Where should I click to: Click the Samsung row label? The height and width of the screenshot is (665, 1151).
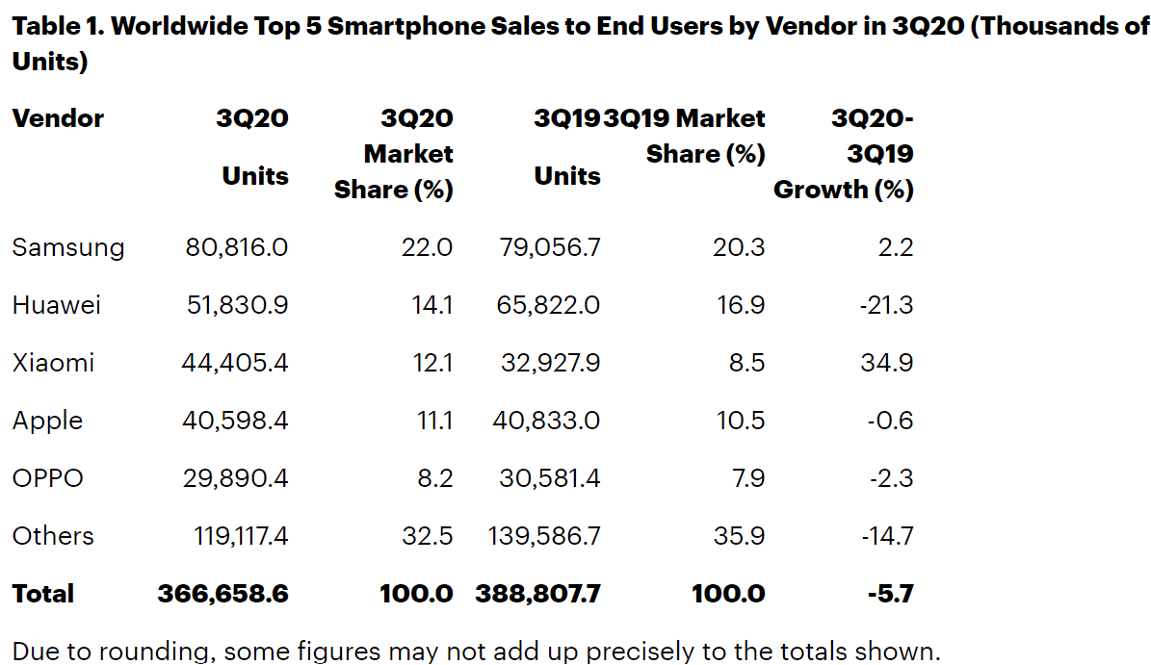click(x=68, y=247)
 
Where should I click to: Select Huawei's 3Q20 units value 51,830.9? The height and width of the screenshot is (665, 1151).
click(x=235, y=305)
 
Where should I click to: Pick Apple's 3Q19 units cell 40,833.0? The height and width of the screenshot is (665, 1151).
click(x=551, y=421)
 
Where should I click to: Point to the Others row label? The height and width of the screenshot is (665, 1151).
click(x=53, y=536)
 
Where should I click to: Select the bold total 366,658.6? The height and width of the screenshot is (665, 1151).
click(x=223, y=594)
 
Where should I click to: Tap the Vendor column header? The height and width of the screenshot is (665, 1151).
click(x=58, y=118)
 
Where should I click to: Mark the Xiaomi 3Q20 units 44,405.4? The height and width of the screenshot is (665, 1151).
click(x=235, y=363)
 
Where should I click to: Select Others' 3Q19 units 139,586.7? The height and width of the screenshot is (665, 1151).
click(x=544, y=536)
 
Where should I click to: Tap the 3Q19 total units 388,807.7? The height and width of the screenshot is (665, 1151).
click(x=538, y=594)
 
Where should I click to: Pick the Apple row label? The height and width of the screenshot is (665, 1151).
click(x=47, y=421)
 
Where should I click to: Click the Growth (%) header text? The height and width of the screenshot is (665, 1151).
click(x=844, y=190)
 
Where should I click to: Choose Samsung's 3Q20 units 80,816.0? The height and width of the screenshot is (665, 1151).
click(x=237, y=247)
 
